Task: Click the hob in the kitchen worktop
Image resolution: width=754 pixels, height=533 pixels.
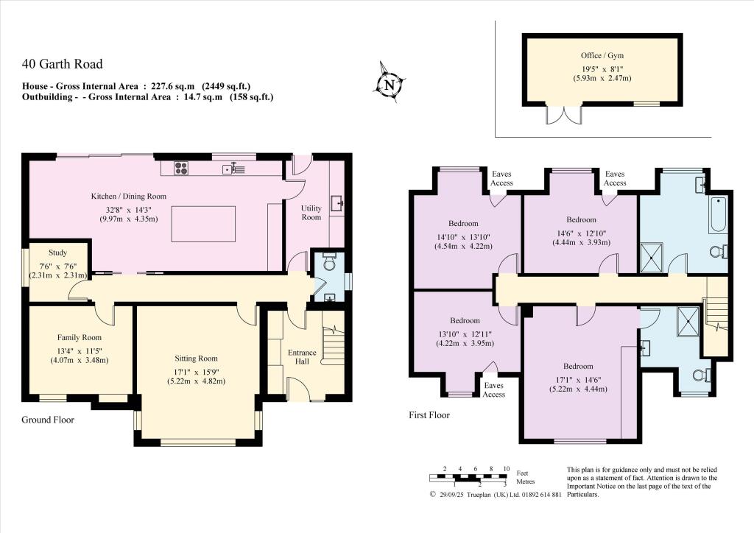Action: point(182,169)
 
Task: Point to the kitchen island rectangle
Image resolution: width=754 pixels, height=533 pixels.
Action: point(203,224)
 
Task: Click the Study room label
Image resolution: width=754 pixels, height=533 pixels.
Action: point(57,253)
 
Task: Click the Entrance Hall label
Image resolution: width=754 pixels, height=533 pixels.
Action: point(302,357)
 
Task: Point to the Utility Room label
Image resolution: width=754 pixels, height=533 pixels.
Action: point(311,213)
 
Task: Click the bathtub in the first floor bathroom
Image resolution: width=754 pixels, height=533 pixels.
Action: point(718,214)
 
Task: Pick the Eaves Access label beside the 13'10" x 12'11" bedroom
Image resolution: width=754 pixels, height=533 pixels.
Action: point(494,389)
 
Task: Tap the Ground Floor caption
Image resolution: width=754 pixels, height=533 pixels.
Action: point(48,420)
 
